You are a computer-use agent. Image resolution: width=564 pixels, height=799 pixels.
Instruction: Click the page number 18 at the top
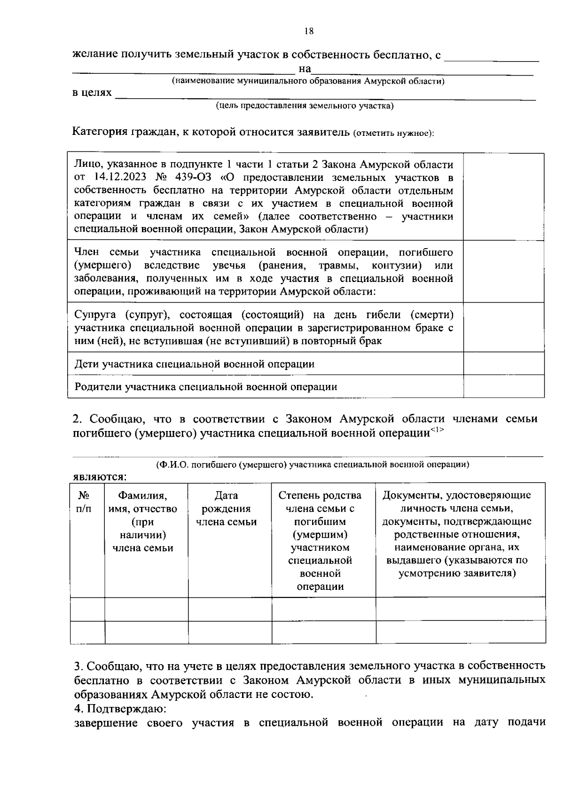[x=309, y=31]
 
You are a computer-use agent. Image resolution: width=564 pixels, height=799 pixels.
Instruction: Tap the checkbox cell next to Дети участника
[x=503, y=364]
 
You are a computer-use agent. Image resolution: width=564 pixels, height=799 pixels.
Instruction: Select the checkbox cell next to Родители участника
[x=503, y=386]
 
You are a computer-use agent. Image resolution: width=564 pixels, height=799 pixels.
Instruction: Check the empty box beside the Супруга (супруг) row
[x=503, y=327]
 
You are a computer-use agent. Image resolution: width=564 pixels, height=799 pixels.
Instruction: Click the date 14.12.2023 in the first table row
[x=117, y=178]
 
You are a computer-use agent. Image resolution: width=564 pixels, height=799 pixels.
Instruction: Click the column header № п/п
[x=84, y=502]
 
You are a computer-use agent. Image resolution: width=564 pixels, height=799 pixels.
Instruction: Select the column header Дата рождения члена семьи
[x=226, y=509]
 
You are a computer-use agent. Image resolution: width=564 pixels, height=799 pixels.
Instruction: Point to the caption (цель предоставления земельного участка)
[x=305, y=106]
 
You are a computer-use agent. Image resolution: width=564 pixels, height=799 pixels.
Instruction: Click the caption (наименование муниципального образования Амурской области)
[x=308, y=81]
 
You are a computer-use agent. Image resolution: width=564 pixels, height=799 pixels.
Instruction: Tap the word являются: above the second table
[x=100, y=477]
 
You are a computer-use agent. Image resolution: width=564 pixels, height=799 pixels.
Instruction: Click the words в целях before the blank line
[x=92, y=93]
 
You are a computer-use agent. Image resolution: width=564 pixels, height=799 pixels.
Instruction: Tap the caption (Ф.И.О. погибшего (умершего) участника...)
[x=313, y=465]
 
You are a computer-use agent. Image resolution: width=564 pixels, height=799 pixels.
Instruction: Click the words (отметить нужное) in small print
[x=393, y=133]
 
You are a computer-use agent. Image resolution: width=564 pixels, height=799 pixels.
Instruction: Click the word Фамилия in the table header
[x=142, y=495]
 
